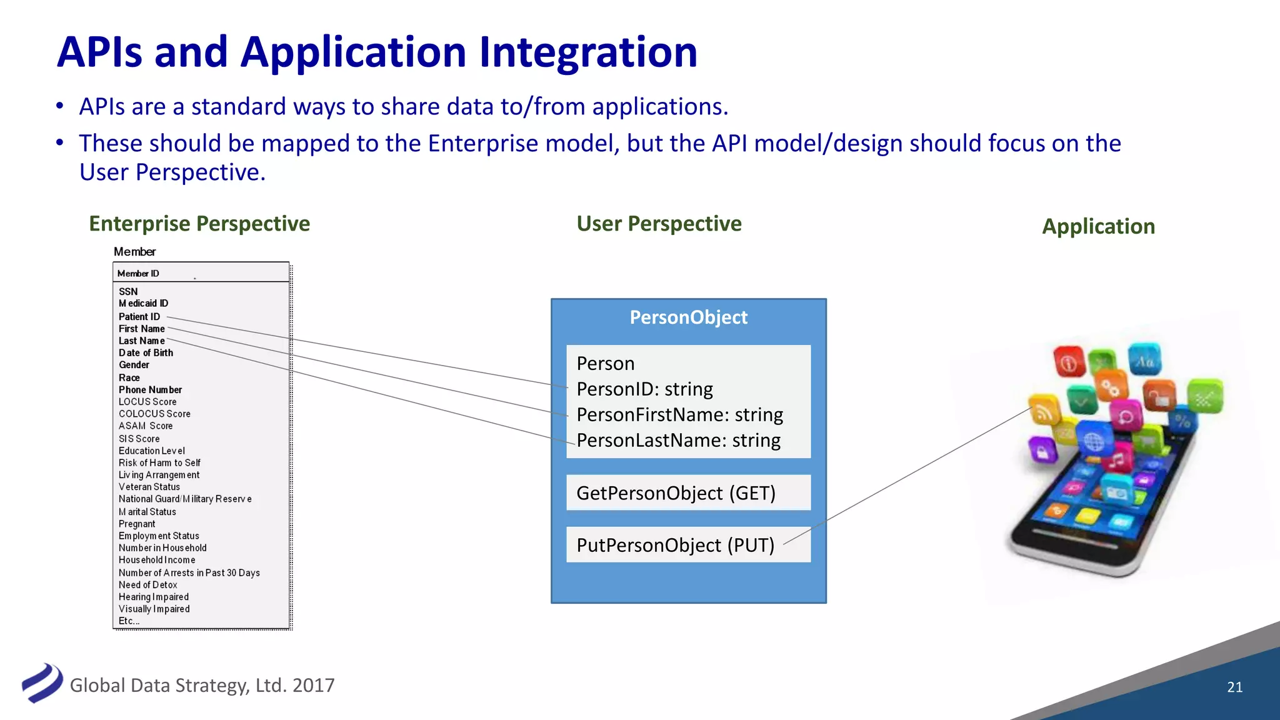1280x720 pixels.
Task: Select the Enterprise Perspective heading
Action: point(199,224)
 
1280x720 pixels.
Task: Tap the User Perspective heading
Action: point(659,224)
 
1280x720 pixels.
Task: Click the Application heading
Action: point(1098,226)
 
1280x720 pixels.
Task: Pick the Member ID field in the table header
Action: point(138,274)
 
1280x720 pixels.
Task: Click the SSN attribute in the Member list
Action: point(128,292)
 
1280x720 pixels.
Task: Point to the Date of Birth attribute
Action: point(146,353)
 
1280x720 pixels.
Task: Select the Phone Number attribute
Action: point(150,390)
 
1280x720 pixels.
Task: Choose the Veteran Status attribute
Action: point(149,487)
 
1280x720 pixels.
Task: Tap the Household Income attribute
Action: point(157,561)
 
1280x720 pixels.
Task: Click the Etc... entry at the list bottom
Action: point(129,621)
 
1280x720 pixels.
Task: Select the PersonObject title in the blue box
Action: point(688,317)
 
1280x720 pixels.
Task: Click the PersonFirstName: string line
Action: point(679,415)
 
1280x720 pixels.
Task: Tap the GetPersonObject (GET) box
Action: point(688,493)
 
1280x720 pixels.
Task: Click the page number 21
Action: point(1234,687)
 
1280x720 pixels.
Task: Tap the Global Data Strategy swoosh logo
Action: point(42,683)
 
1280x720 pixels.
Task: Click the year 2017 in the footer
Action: point(313,686)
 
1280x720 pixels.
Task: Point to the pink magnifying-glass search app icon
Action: point(1126,417)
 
